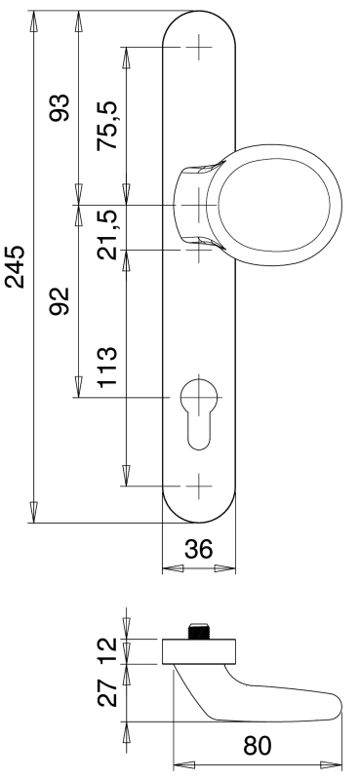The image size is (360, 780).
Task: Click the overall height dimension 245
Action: [x=15, y=266]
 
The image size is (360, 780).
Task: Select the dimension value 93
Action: [x=60, y=107]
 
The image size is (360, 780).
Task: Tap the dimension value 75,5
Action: [x=107, y=126]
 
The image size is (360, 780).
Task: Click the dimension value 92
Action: [x=60, y=301]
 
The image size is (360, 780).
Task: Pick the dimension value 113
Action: [x=107, y=368]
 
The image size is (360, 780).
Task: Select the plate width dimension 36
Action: [x=199, y=549]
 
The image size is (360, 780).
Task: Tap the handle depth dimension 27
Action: [x=107, y=693]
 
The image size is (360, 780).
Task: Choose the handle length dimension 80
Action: [x=258, y=746]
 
